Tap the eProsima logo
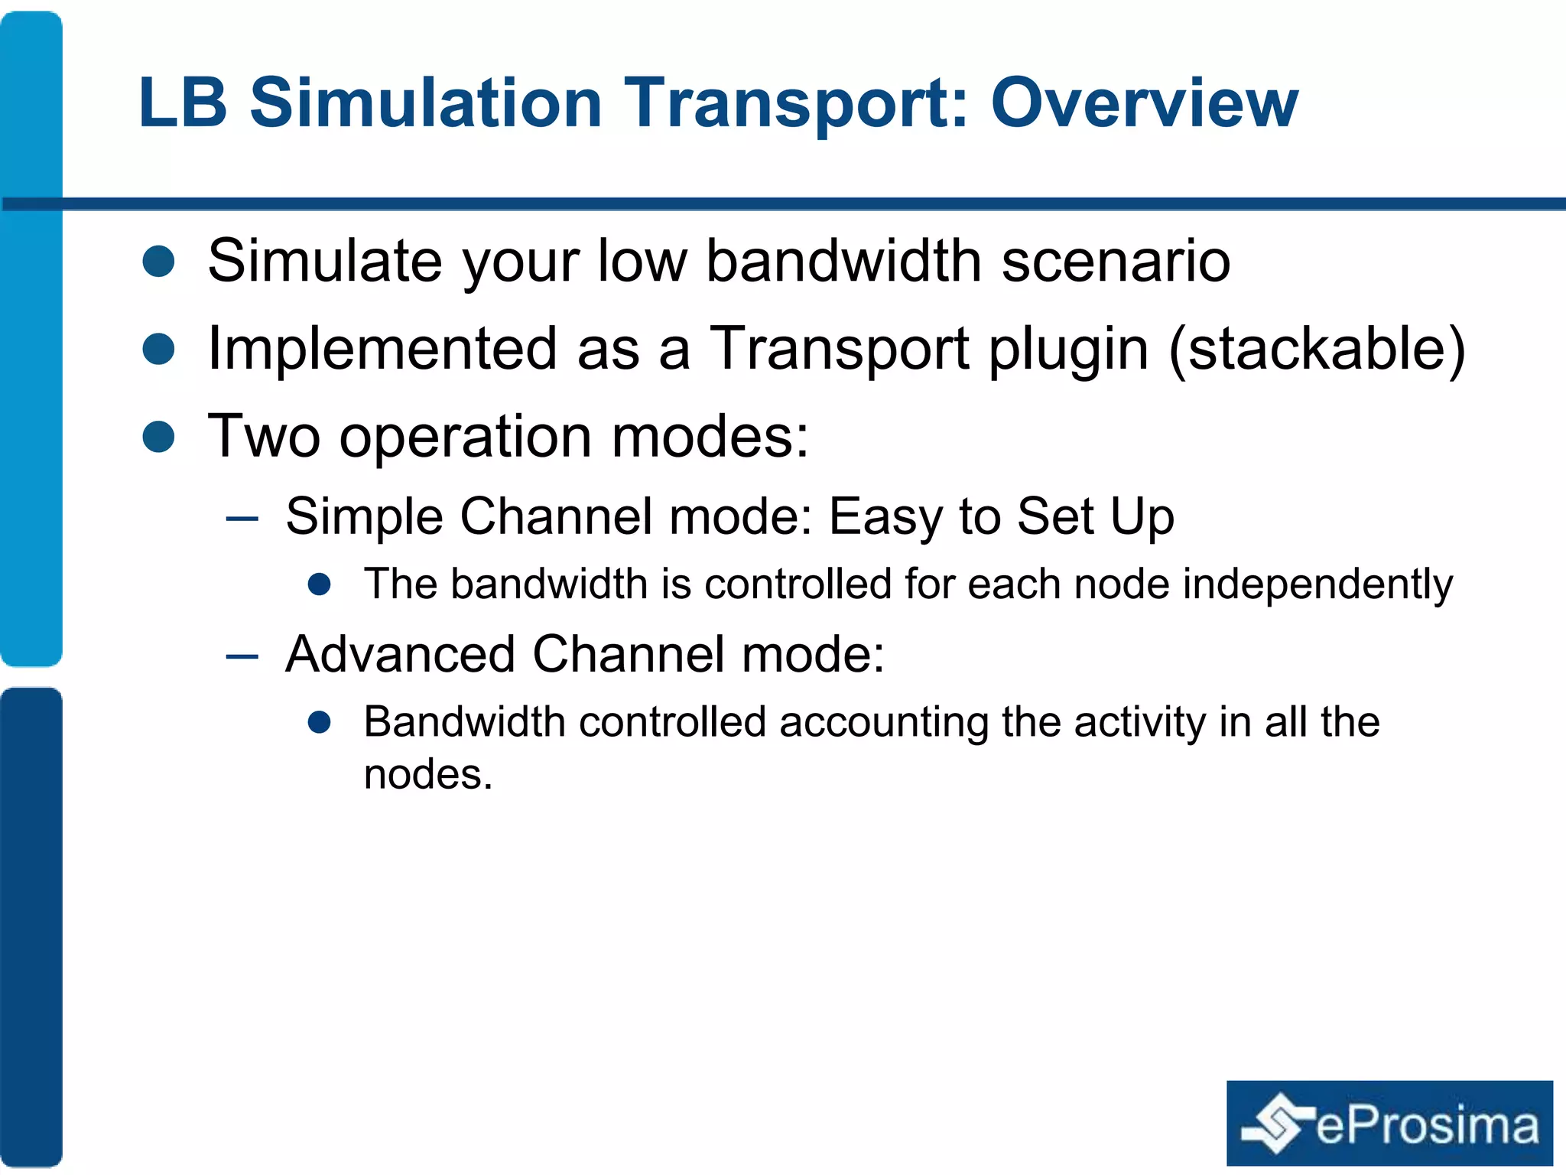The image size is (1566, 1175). (x=1389, y=1122)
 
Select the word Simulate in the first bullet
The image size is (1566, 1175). (x=324, y=261)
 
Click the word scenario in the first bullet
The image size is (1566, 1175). (x=1116, y=261)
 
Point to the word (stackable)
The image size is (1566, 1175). (x=1317, y=349)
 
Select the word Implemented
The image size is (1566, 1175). (x=382, y=349)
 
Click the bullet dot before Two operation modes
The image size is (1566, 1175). (x=159, y=436)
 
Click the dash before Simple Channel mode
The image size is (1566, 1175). (x=242, y=519)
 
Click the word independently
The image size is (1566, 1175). (x=1317, y=584)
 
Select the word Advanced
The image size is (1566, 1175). (x=400, y=655)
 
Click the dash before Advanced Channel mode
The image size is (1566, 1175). (x=242, y=656)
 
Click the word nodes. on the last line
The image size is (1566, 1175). (x=427, y=774)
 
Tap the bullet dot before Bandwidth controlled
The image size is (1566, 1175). (x=319, y=722)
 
